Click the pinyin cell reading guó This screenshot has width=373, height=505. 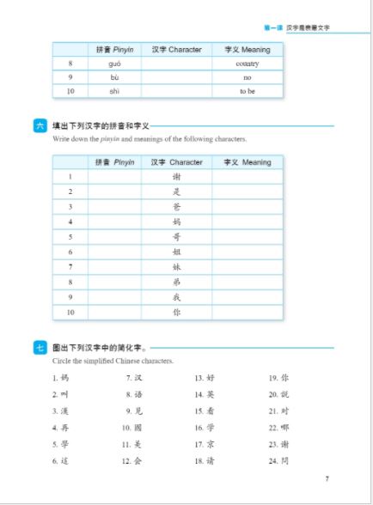114,64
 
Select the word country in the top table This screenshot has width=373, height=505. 247,64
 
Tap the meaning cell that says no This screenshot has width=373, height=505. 247,77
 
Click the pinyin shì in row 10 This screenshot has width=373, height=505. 114,91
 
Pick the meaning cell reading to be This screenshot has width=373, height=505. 247,91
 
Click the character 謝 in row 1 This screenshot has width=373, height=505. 176,177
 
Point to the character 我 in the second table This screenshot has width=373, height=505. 176,297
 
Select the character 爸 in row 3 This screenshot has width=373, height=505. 176,207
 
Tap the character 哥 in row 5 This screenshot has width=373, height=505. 176,237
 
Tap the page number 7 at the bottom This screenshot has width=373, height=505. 327,478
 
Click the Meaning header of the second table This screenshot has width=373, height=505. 247,162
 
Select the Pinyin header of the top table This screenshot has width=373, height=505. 114,50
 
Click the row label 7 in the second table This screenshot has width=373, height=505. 70,267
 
